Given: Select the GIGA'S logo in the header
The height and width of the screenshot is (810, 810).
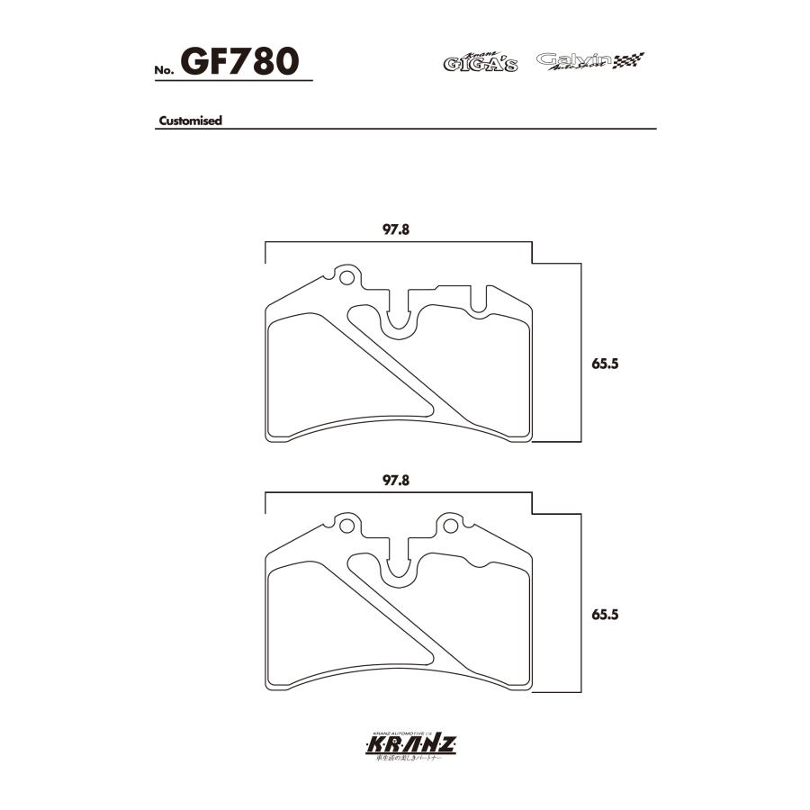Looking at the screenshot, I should [x=480, y=62].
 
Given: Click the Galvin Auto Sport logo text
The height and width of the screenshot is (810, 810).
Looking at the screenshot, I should [x=573, y=61].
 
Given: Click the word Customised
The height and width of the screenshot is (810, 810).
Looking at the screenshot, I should [x=190, y=121].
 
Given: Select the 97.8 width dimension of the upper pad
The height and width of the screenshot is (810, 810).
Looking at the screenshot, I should [x=397, y=229].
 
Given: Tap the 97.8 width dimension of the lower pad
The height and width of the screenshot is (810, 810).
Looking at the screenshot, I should [x=397, y=481].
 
